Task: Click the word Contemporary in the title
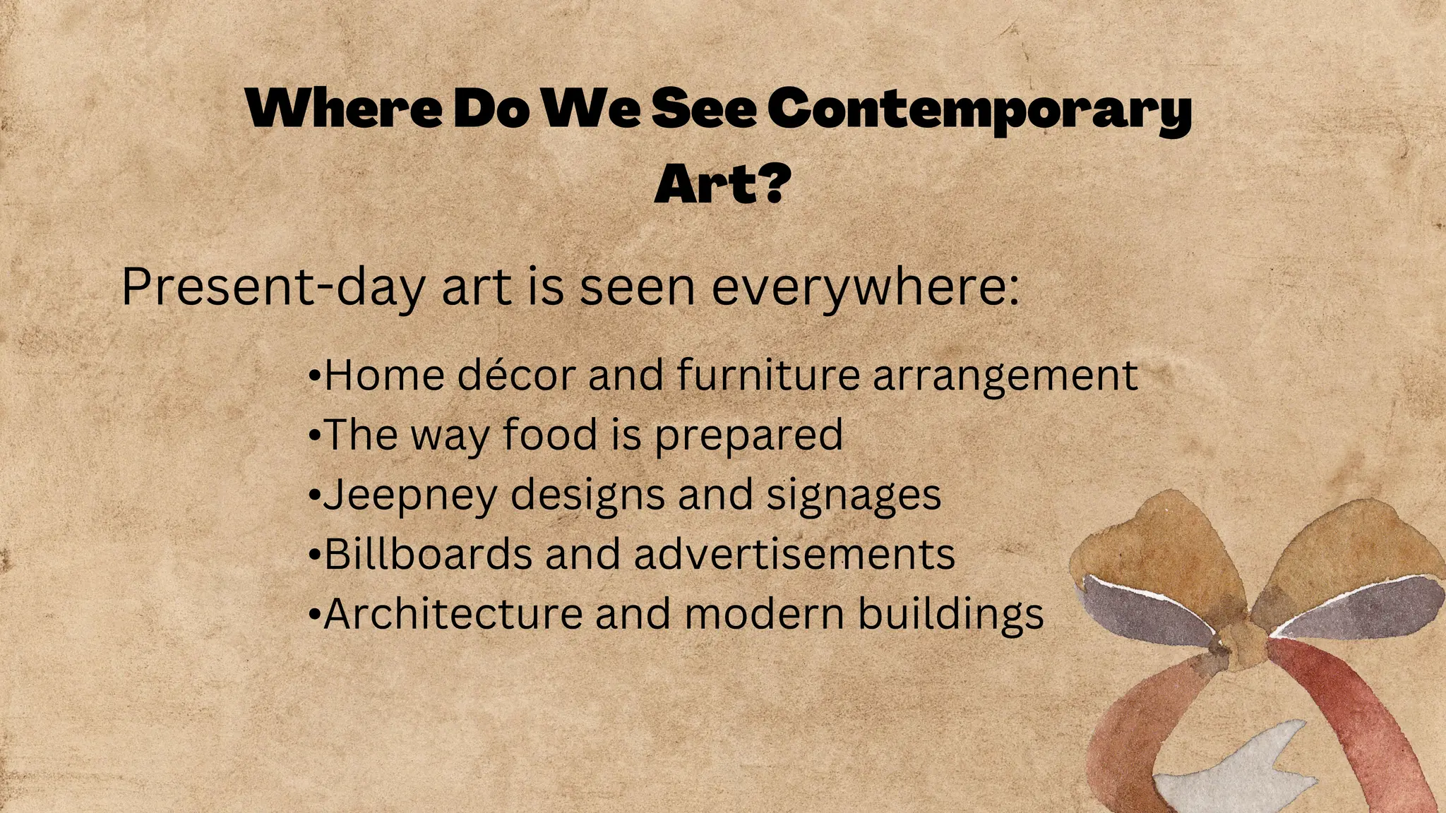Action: point(979,110)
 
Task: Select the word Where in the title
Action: point(344,109)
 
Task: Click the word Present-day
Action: point(273,287)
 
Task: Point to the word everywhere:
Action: point(866,287)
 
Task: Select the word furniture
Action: point(768,375)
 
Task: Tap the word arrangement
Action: point(1005,376)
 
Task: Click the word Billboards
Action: point(428,554)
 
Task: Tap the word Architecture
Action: point(453,614)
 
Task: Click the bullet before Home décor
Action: point(315,376)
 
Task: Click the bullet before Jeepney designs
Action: point(315,495)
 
